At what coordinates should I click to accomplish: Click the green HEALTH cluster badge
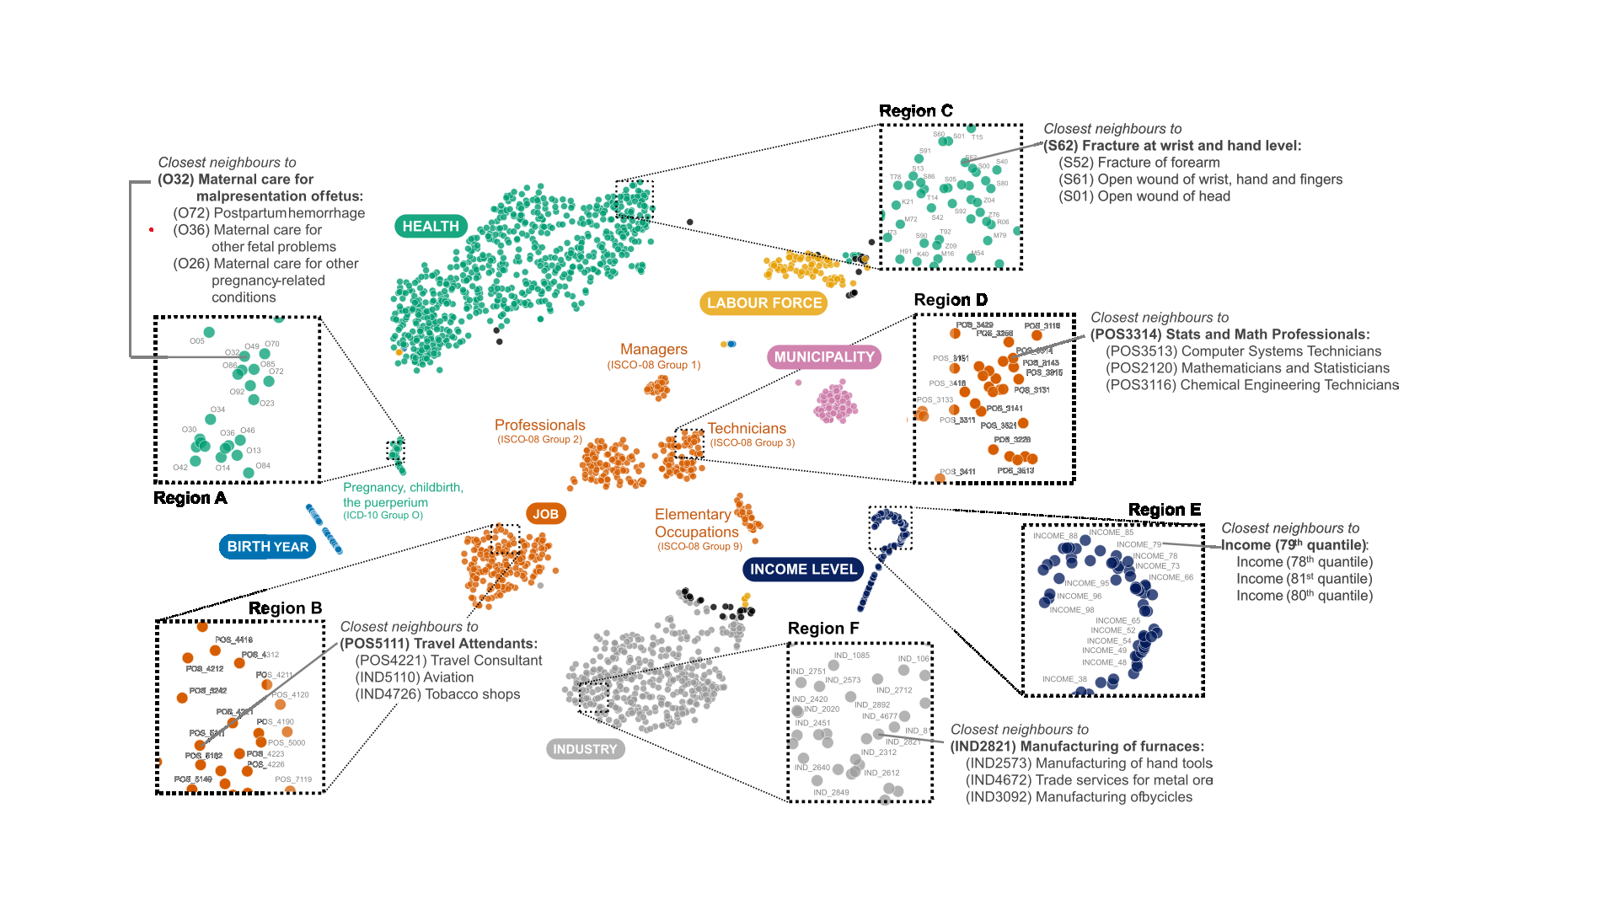click(431, 226)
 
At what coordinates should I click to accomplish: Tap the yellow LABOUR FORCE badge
click(763, 303)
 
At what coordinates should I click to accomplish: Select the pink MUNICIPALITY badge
click(824, 357)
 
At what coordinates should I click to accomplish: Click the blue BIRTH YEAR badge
click(267, 547)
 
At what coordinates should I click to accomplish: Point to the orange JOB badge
click(545, 514)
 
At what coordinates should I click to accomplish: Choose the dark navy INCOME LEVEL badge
click(803, 570)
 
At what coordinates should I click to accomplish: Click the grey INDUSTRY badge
click(585, 749)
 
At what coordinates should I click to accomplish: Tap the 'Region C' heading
click(915, 111)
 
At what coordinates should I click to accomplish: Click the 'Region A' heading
click(190, 498)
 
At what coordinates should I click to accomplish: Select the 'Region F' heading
click(823, 629)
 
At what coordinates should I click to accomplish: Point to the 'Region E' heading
click(1164, 510)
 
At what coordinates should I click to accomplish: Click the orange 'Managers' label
click(653, 349)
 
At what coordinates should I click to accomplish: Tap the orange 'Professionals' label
click(539, 426)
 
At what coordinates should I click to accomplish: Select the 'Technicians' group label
click(747, 429)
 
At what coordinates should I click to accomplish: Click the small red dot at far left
click(152, 229)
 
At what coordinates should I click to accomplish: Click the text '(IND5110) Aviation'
click(414, 677)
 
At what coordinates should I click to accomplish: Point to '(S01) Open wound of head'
click(1144, 196)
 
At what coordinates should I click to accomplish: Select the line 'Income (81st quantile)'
click(1304, 579)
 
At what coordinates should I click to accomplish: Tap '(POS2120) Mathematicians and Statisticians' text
click(1247, 368)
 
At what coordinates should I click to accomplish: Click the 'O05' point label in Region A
click(196, 341)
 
